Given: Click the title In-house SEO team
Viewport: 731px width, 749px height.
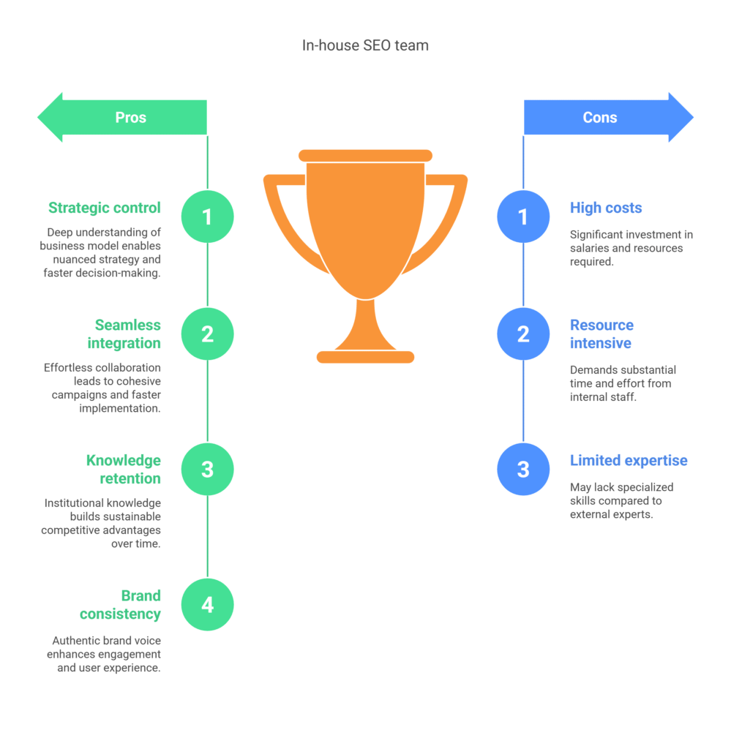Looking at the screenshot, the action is point(366,45).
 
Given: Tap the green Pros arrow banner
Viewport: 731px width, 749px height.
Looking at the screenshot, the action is point(122,118).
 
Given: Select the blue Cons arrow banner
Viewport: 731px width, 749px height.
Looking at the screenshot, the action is point(609,118).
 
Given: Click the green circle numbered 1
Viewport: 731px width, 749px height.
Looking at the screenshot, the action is point(207,217).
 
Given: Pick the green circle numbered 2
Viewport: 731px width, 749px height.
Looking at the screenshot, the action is point(207,334).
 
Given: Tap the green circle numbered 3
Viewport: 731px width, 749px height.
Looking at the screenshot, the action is point(207,469).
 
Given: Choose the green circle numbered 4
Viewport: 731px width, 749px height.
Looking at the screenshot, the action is point(207,605).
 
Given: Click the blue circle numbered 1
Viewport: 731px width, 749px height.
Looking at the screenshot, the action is point(523,217).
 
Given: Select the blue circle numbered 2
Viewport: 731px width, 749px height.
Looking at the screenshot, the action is point(523,334).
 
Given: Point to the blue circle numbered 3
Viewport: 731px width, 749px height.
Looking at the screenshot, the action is point(523,469).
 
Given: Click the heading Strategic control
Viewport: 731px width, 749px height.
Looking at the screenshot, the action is point(105,208).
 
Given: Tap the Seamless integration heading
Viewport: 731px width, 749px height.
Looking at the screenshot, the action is point(124,334).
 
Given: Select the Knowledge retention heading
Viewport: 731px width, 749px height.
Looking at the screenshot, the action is point(124,469).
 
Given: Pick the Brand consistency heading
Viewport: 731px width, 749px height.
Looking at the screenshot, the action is point(121,605).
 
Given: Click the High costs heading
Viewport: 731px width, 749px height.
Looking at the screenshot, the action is point(606,208).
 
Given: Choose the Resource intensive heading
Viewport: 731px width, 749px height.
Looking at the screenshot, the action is point(602,334).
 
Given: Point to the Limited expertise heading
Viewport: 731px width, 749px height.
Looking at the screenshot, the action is point(629,461).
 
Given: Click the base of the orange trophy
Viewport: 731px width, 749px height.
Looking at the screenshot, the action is point(366,357).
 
